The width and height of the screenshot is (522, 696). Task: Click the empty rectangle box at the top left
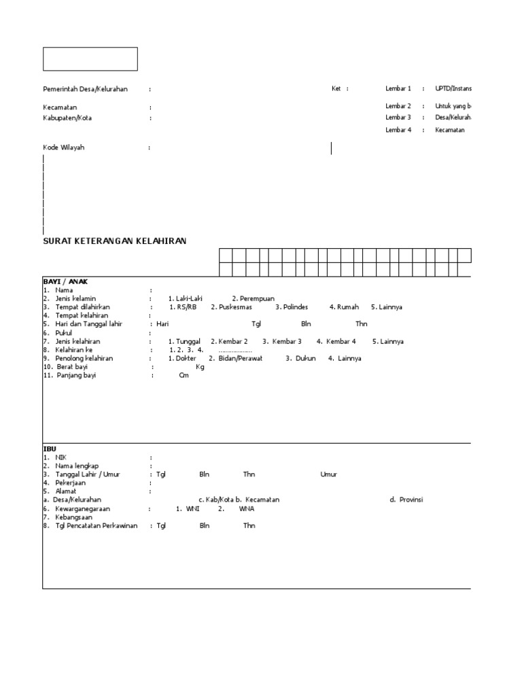coord(90,59)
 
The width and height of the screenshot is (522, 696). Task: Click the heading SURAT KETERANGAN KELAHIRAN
coord(114,241)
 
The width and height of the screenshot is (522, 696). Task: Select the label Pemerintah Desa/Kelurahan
coord(85,88)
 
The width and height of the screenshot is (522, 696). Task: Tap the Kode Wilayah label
coord(64,147)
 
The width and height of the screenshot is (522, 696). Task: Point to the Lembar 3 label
coord(398,118)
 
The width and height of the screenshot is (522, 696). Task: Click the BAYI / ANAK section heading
coord(66,281)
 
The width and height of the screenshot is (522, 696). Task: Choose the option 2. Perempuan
coord(253,298)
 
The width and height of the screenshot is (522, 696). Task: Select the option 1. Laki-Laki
coord(186,298)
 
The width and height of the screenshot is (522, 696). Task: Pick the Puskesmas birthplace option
coord(231,307)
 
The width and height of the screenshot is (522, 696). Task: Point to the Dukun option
coord(300,358)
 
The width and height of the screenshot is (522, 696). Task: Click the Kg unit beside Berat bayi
coord(200,367)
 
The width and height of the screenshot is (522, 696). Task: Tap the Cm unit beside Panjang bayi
coord(184,375)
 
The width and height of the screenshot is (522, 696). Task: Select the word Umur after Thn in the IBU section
coord(328,474)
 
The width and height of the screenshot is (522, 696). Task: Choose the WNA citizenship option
coord(246,508)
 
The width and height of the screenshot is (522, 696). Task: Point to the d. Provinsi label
coord(406,500)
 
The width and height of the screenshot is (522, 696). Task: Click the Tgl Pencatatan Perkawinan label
coord(97,525)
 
